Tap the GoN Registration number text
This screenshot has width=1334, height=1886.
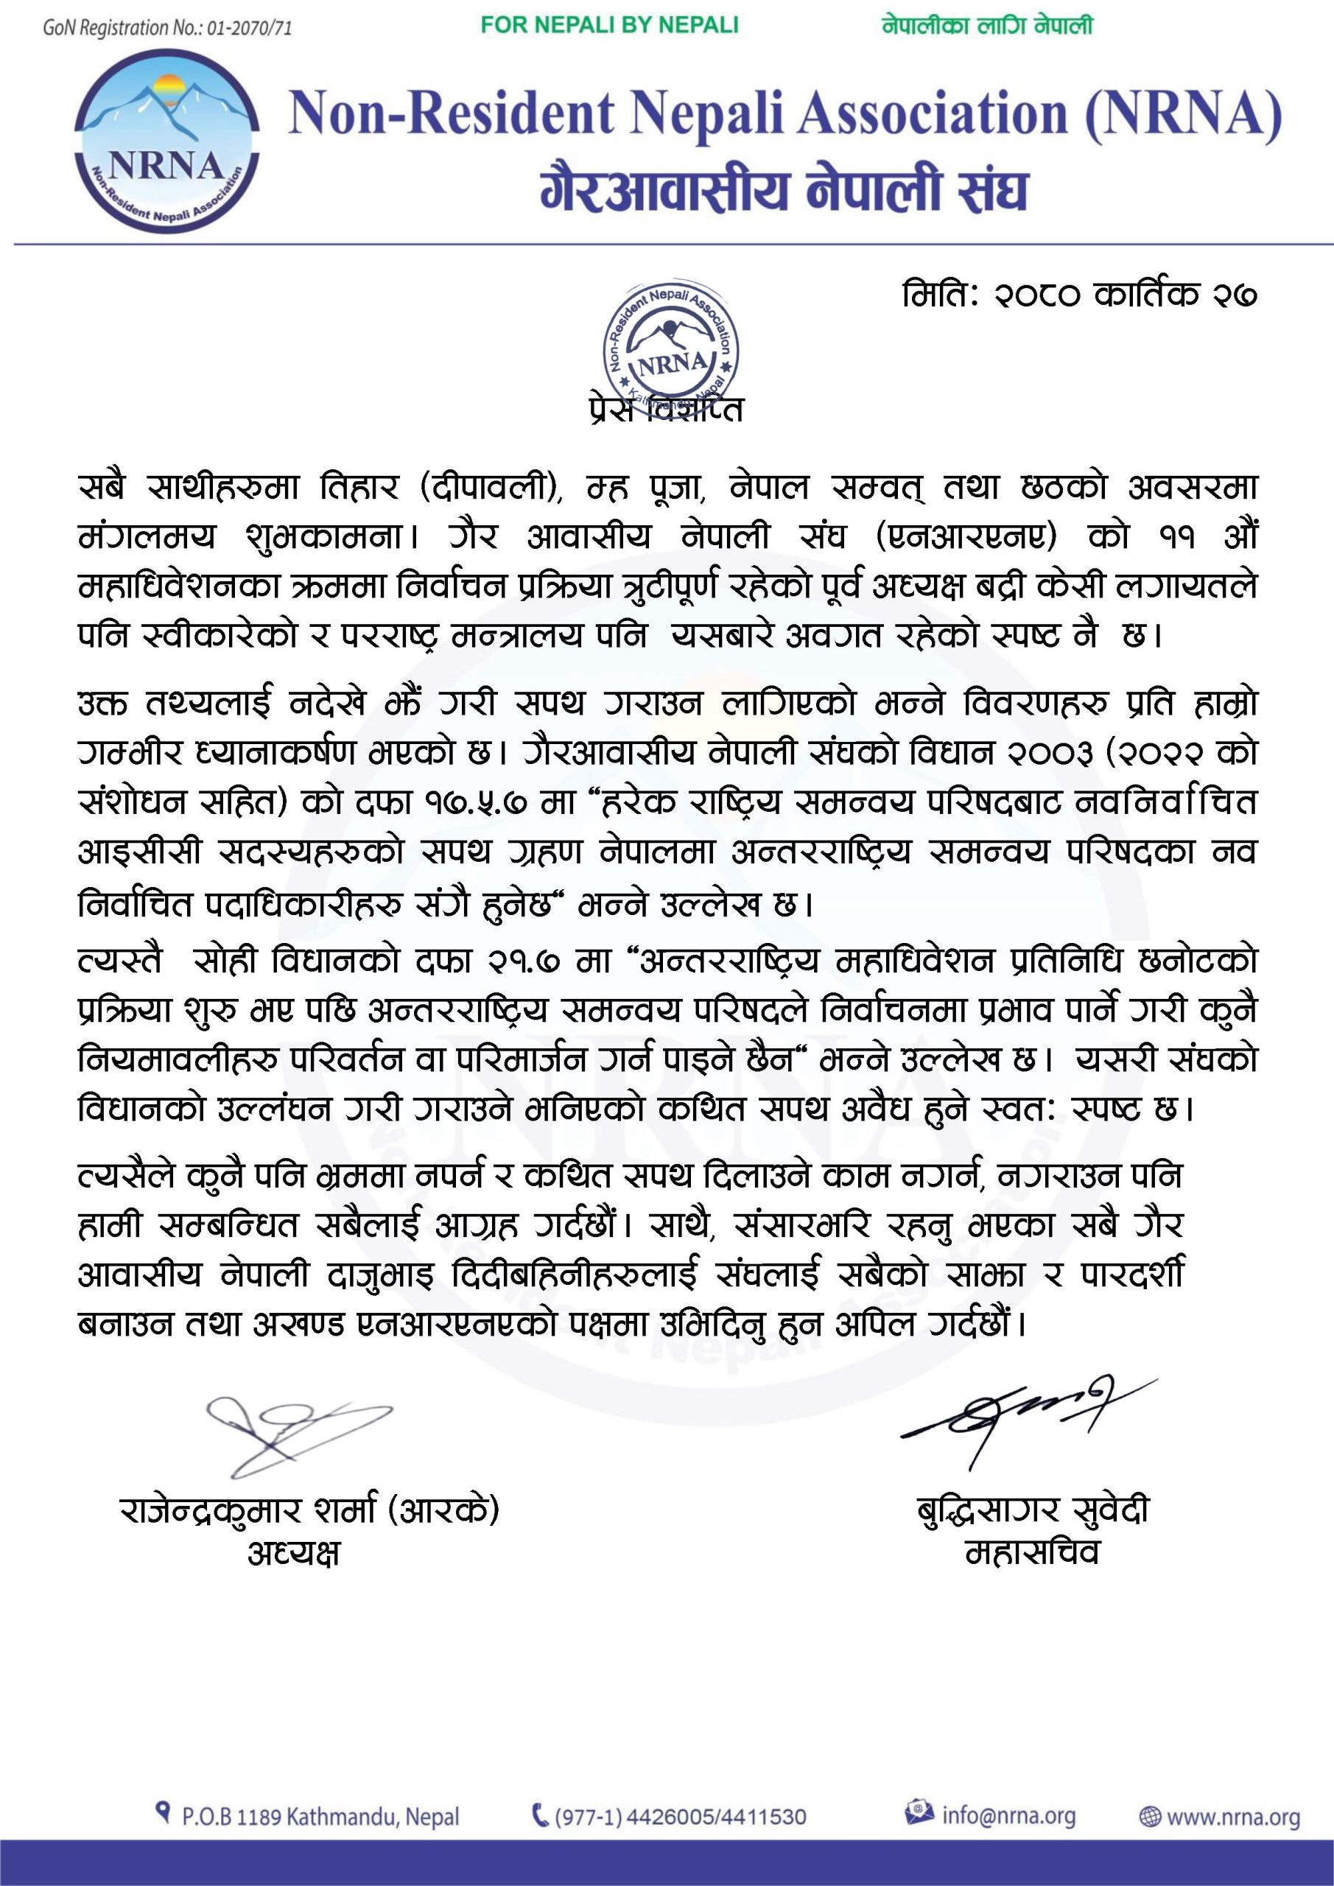(x=167, y=28)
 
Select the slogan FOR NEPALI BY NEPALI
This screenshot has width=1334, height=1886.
(x=609, y=26)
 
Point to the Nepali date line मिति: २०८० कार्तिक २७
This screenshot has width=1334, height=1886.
(x=1079, y=295)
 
